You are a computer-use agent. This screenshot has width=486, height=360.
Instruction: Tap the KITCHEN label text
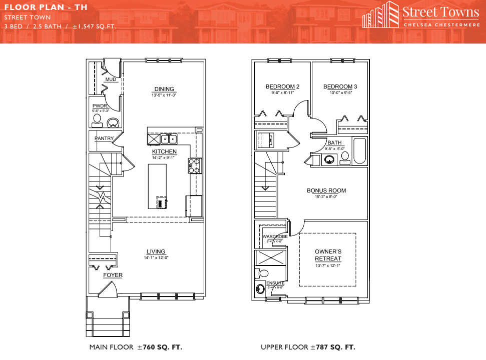click(x=164, y=151)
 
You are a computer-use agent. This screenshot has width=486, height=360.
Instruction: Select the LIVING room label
click(x=156, y=251)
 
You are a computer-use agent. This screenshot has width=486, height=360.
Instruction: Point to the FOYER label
click(x=113, y=275)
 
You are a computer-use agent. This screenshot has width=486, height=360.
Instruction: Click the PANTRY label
click(x=104, y=138)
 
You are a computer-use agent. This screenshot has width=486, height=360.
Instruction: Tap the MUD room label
click(x=111, y=79)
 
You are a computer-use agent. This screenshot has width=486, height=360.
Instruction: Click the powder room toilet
click(x=97, y=120)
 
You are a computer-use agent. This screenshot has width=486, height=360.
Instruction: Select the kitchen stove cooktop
click(x=194, y=165)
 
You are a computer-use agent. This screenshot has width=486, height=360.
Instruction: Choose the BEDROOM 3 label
click(x=340, y=86)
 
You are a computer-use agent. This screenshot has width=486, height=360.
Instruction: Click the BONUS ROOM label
click(x=326, y=190)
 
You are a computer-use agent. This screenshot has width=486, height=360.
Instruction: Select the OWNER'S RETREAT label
click(x=328, y=255)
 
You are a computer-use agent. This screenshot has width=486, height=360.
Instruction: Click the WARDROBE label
click(x=275, y=236)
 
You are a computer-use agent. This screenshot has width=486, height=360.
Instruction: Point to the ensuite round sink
click(x=260, y=289)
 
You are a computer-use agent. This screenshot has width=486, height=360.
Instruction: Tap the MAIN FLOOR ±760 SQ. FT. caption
click(x=136, y=347)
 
